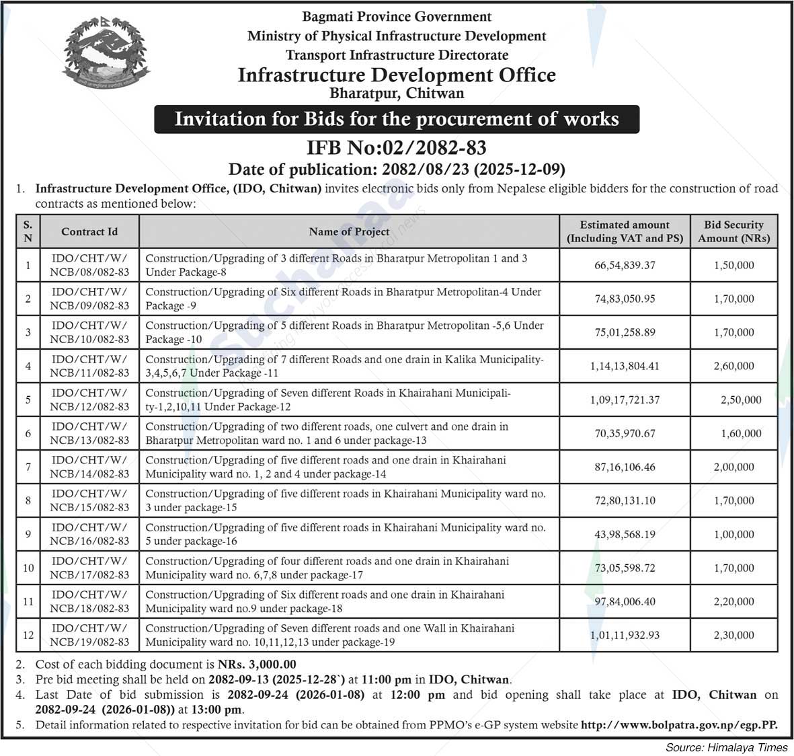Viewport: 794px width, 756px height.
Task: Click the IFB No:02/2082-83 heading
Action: pyautogui.click(x=396, y=147)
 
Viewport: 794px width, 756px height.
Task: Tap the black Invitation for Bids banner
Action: pyautogui.click(x=397, y=119)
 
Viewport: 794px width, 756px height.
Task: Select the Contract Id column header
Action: pyautogui.click(x=89, y=231)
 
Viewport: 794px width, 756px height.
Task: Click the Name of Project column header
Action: pyautogui.click(x=349, y=231)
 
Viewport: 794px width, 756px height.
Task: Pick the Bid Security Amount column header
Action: pyautogui.click(x=733, y=231)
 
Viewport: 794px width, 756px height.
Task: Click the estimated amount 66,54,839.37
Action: pyautogui.click(x=625, y=265)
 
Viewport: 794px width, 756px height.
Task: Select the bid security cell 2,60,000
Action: pyautogui.click(x=733, y=366)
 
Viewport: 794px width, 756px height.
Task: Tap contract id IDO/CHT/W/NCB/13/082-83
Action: pyautogui.click(x=89, y=433)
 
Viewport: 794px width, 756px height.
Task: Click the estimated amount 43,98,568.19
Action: pyautogui.click(x=625, y=534)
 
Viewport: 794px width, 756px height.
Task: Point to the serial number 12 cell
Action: pyautogui.click(x=28, y=635)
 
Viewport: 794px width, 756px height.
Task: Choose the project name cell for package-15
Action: pyautogui.click(x=346, y=500)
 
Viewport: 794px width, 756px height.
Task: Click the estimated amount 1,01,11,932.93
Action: pyautogui.click(x=625, y=635)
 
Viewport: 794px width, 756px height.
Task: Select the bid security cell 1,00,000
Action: pyautogui.click(x=733, y=534)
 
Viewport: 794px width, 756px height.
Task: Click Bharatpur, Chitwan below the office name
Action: pyautogui.click(x=397, y=93)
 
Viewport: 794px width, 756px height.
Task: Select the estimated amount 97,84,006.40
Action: pyautogui.click(x=625, y=601)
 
